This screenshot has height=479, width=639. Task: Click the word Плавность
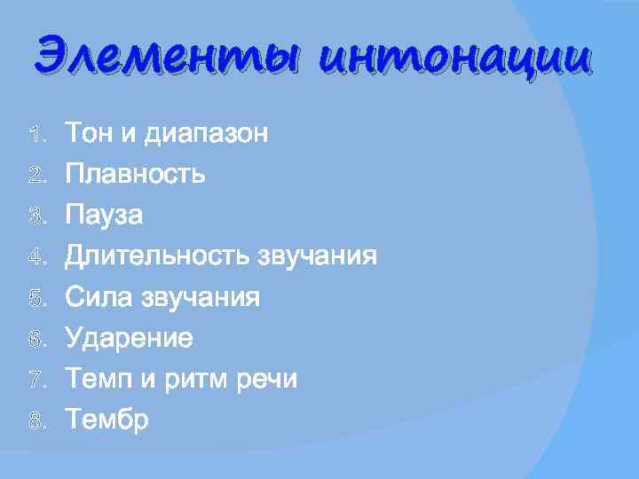tap(137, 175)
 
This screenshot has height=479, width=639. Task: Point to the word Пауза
tap(105, 216)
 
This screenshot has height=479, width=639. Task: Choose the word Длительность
tap(157, 256)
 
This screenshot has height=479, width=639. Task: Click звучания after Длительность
tap(317, 256)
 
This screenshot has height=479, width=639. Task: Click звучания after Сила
tap(201, 297)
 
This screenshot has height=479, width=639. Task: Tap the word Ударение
tap(130, 338)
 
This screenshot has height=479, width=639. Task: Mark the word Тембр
tap(107, 420)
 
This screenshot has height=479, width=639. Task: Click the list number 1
tap(35, 136)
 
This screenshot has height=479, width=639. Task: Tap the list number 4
tap(35, 257)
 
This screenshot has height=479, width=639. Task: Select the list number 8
tap(35, 420)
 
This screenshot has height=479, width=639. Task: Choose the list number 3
tap(35, 216)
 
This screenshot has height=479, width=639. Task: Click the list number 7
tap(35, 380)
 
